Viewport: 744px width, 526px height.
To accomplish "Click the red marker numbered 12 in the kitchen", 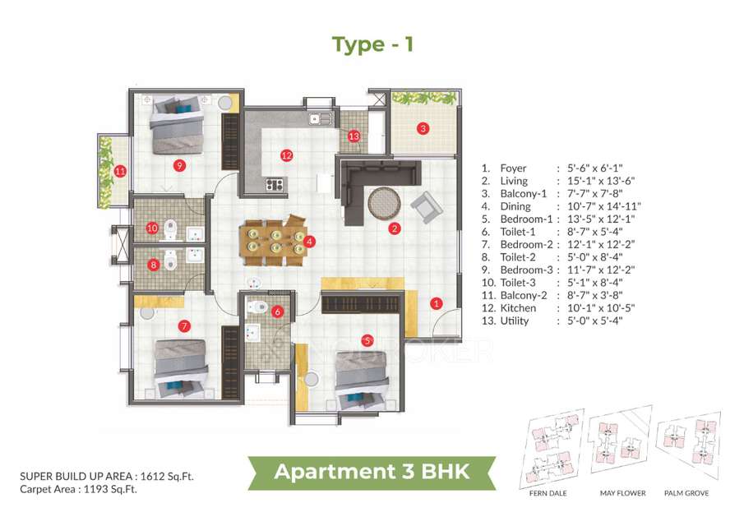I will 286,154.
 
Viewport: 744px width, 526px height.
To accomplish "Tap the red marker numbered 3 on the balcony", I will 423,128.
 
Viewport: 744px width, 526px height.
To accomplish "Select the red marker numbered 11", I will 121,172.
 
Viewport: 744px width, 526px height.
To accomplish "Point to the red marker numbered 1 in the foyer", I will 437,302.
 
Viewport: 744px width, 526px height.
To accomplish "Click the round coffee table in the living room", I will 383,202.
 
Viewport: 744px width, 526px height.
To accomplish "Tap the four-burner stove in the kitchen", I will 275,184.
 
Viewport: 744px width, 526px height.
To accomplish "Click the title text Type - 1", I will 372,44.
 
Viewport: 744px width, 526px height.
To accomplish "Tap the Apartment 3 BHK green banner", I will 372,472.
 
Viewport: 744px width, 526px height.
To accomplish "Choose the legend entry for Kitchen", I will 519,307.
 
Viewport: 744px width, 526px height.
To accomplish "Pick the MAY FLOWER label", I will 622,493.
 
